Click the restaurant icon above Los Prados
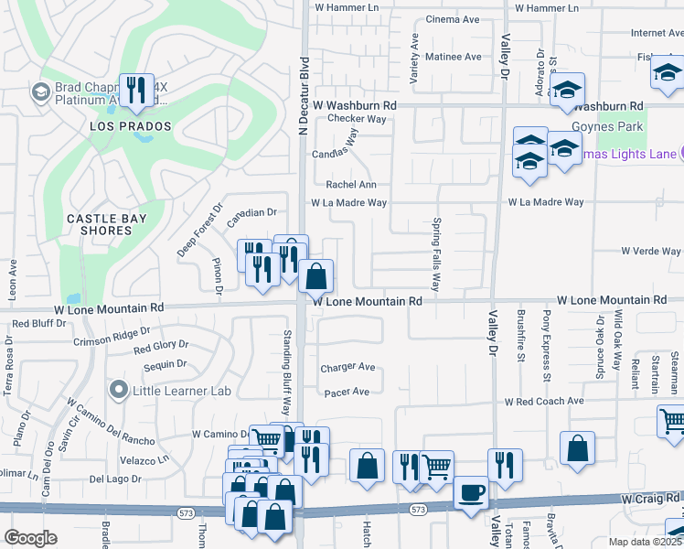pyautogui.click(x=135, y=90)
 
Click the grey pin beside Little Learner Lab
pyautogui.click(x=117, y=392)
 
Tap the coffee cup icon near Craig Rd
pyautogui.click(x=471, y=492)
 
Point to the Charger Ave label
pyautogui.click(x=347, y=368)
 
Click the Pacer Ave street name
pyautogui.click(x=347, y=392)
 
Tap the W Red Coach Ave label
pyautogui.click(x=544, y=402)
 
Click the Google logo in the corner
pyautogui.click(x=31, y=538)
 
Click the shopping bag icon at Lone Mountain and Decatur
pyautogui.click(x=315, y=275)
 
